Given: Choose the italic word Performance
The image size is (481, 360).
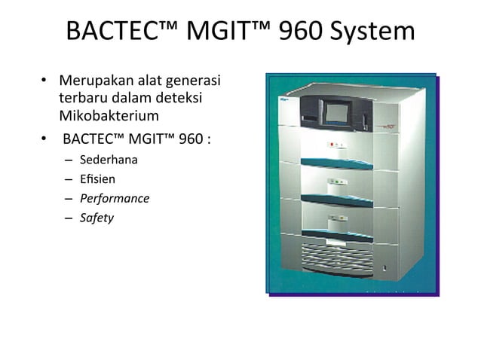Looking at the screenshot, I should coord(115,199).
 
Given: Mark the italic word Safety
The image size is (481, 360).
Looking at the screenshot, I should coord(97,218).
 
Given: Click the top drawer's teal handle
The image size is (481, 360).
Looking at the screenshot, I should coord(336,161).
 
